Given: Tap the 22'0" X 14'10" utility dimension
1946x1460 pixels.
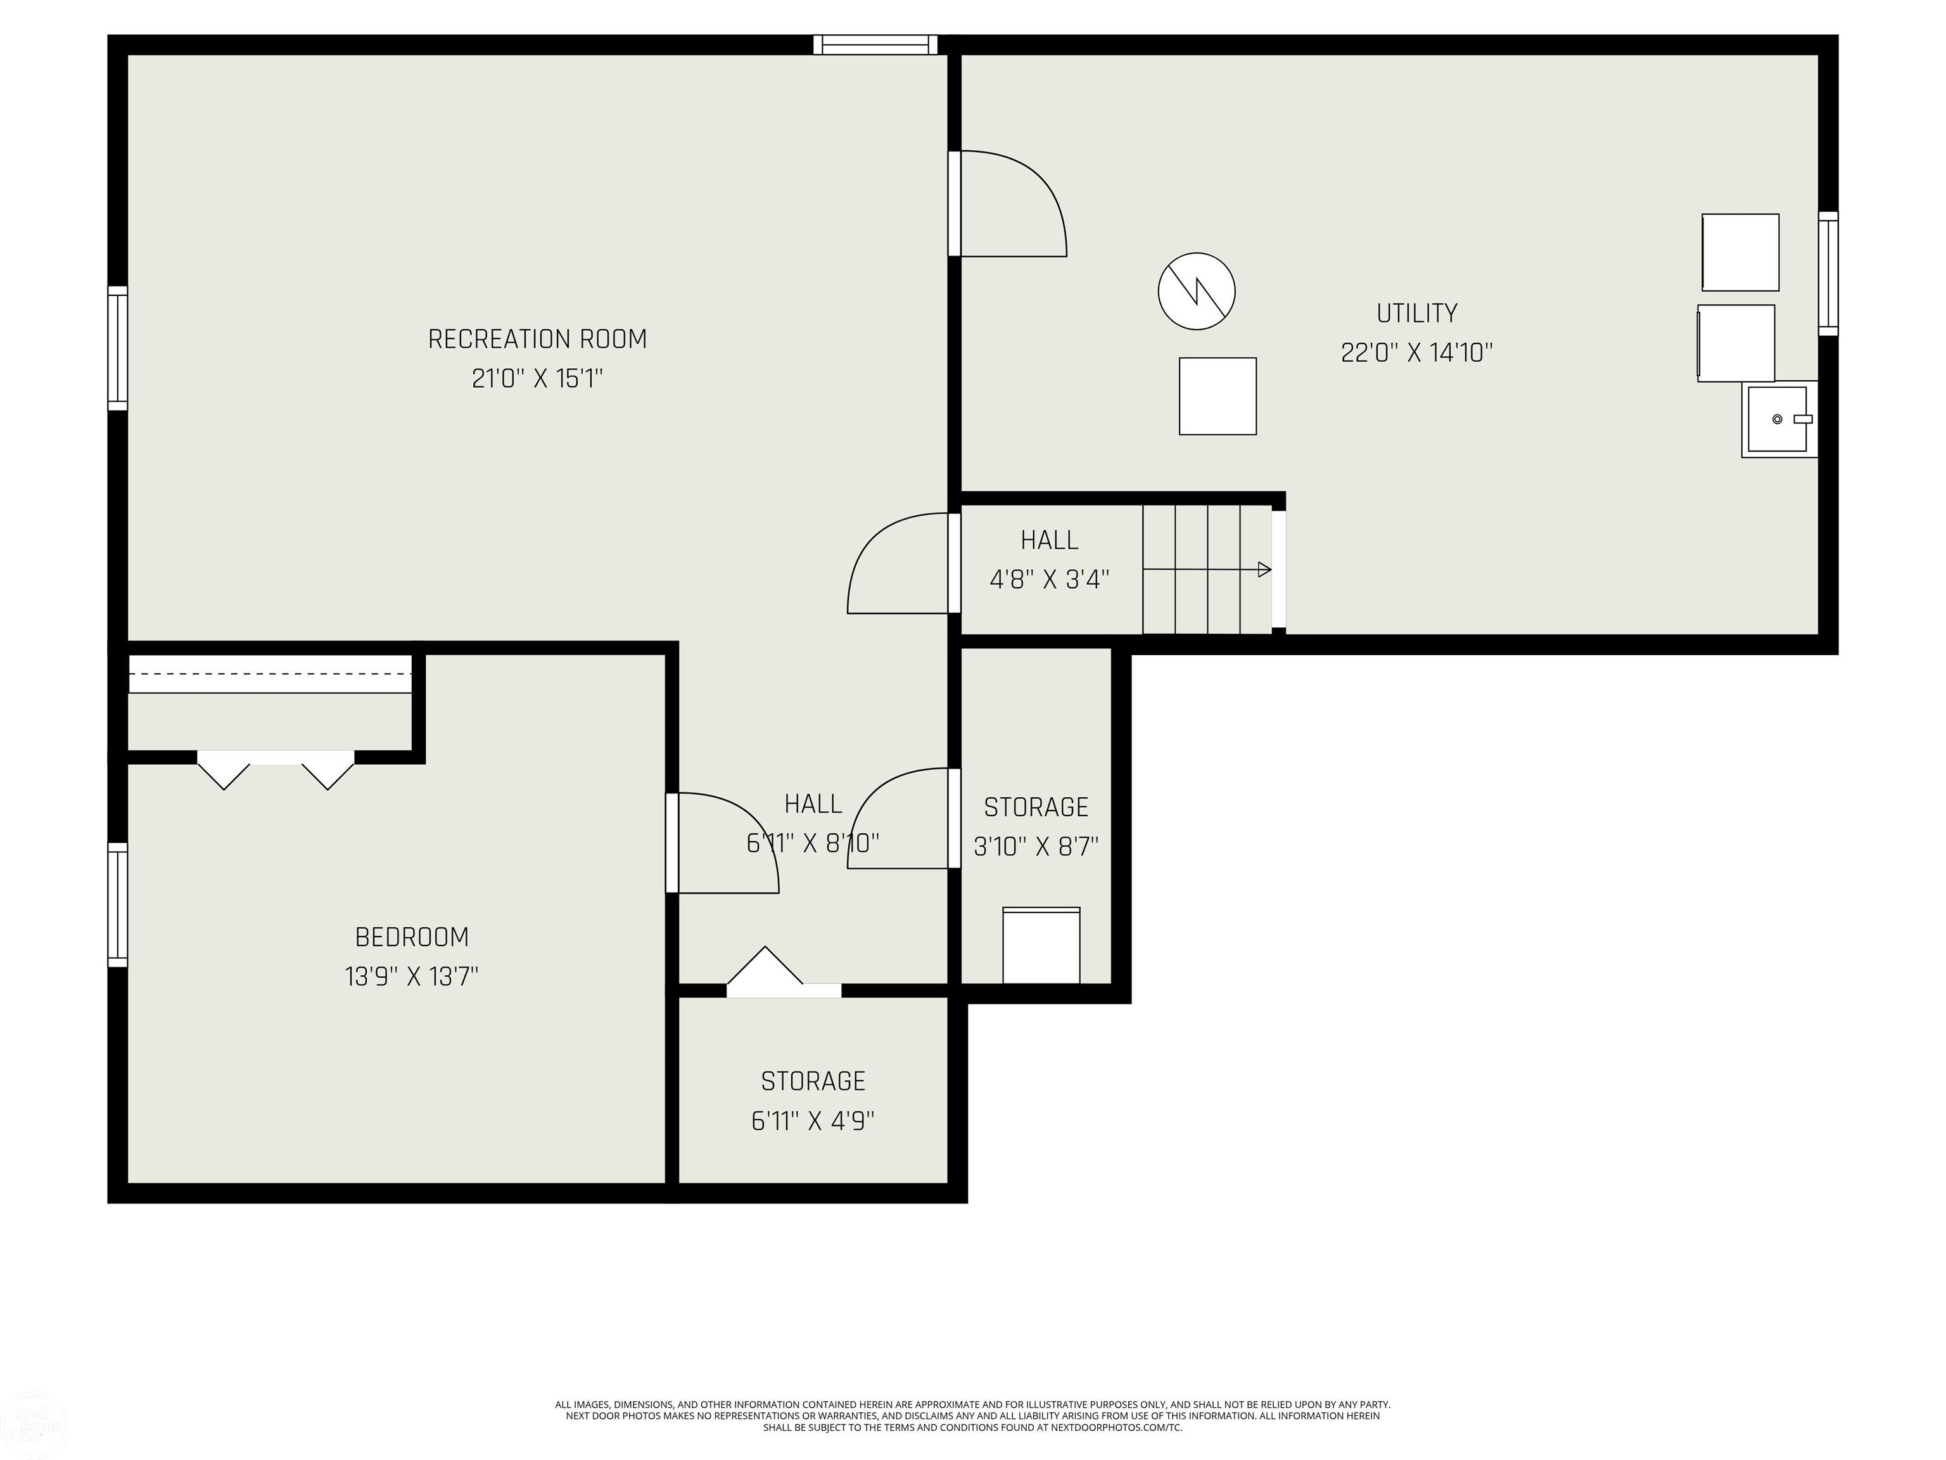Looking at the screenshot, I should (1416, 353).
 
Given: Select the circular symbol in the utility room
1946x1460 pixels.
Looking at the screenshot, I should (1197, 291).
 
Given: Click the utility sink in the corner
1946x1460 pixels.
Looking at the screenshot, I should (1779, 419).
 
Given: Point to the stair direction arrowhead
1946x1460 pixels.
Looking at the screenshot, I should (1264, 570).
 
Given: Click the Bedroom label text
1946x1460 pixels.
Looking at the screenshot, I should (412, 937).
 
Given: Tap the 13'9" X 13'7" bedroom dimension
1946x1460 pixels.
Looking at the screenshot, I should (412, 977).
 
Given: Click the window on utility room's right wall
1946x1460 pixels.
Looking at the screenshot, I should (1828, 273).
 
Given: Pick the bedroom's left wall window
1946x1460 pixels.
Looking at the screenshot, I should (117, 905).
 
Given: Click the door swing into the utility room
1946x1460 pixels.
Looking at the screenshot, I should (1012, 204).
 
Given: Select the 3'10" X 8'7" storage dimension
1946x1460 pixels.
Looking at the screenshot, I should (1036, 847).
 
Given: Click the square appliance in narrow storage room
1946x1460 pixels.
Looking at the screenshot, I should (1041, 945).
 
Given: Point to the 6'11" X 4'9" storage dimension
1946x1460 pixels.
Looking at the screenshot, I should (813, 1121).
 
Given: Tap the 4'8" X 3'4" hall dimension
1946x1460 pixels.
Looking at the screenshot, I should (1050, 579).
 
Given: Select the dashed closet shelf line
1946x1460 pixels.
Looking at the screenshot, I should (270, 673).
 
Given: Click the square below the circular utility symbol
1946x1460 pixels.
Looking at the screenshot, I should (1218, 396).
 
